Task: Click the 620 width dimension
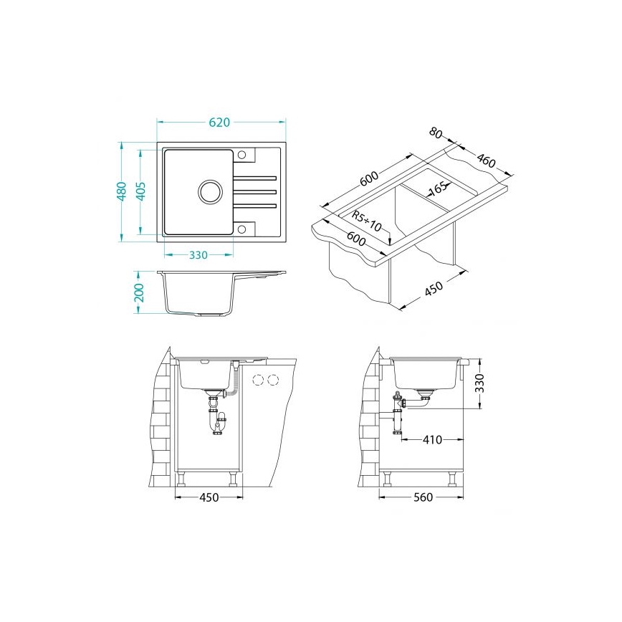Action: click(219, 122)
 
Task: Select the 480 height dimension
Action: click(123, 191)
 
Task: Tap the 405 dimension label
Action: click(141, 191)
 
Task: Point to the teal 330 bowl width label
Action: click(198, 255)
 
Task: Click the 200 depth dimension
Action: click(140, 293)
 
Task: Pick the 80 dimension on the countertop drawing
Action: click(436, 133)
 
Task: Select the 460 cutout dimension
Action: click(487, 161)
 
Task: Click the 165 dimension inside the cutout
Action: click(438, 189)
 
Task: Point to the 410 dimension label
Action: click(432, 439)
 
